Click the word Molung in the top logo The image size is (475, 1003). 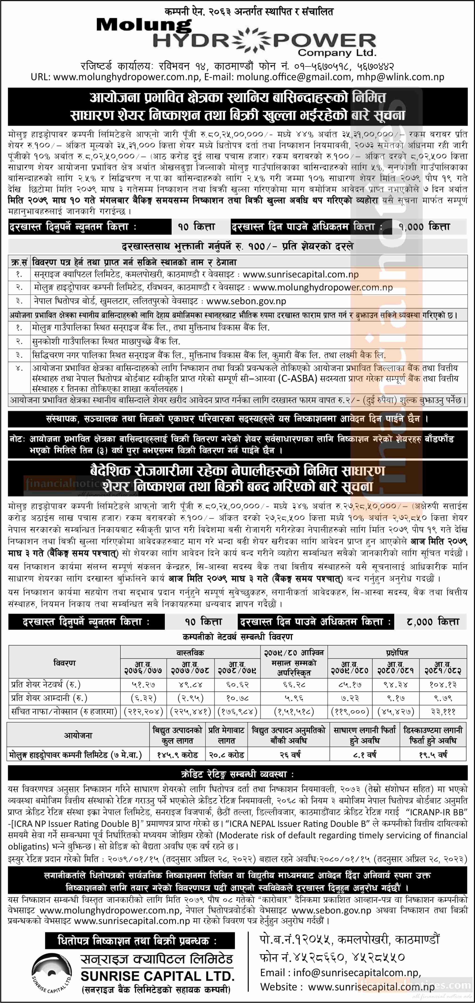[144, 26]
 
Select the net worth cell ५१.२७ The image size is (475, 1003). [143, 684]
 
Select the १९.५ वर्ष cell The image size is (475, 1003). [433, 755]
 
